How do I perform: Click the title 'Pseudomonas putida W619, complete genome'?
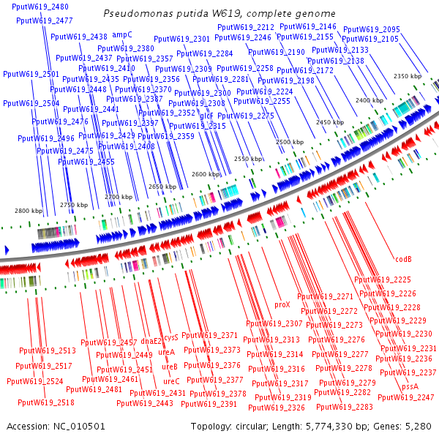pyautogui.click(x=219, y=14)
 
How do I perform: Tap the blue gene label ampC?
pyautogui.click(x=121, y=34)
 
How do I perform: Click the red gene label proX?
pyautogui.click(x=282, y=304)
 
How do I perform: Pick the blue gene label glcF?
pyautogui.click(x=206, y=116)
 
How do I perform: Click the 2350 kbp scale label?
pyautogui.click(x=408, y=76)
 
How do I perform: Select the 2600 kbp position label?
pyautogui.click(x=206, y=174)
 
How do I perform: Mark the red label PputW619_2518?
pyautogui.click(x=45, y=402)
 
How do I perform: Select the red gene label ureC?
pyautogui.click(x=171, y=381)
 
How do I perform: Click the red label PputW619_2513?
pyautogui.click(x=48, y=350)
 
